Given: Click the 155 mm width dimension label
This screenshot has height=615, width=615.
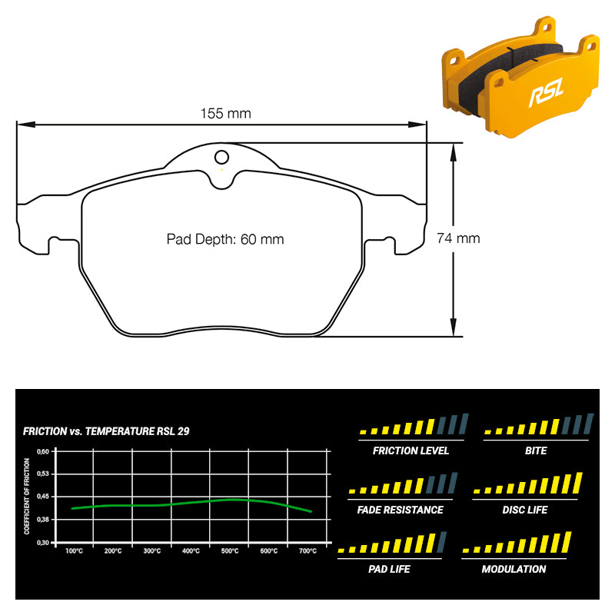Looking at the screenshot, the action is click(225, 113).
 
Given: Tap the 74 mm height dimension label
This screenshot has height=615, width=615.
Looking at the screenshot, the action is click(458, 238).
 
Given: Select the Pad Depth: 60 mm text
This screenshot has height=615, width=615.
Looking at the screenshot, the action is click(225, 239).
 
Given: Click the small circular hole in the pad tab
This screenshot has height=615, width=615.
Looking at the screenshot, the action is click(221, 158).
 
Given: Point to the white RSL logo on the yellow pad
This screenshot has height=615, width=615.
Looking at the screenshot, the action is click(546, 92).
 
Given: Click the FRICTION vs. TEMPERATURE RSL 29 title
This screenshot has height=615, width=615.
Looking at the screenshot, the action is click(106, 431).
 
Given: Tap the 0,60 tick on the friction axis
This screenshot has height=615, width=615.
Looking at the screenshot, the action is click(43, 451).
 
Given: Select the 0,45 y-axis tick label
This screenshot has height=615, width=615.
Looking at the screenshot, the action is click(43, 497).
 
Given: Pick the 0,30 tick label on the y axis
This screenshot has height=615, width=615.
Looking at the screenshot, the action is click(43, 543).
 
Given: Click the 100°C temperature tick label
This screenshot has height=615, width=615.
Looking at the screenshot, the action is click(74, 551).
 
